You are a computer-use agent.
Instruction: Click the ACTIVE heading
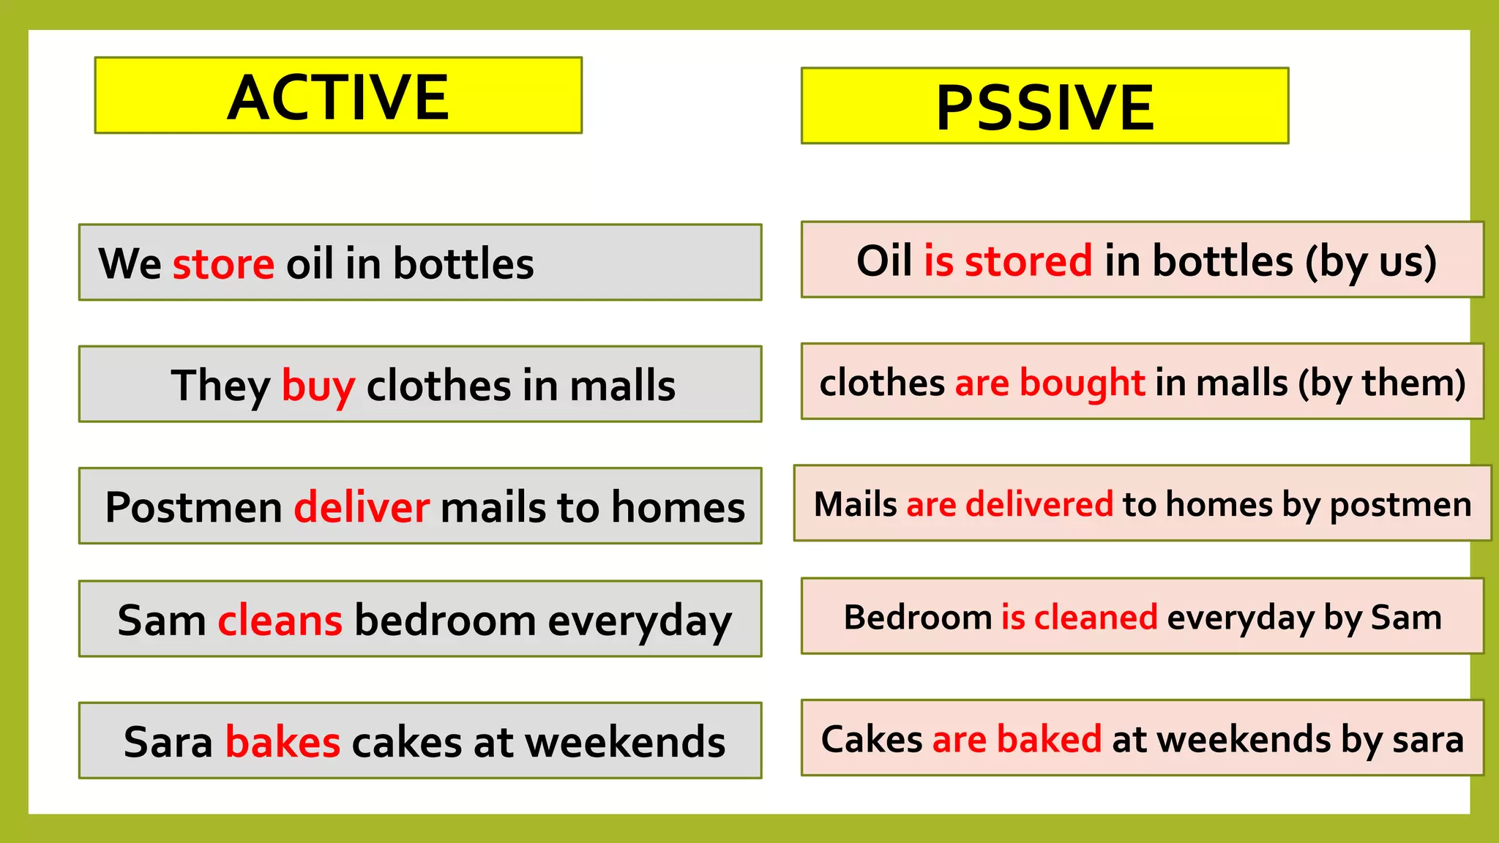pos(338,97)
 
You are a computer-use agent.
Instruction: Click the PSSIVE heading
pos(1044,108)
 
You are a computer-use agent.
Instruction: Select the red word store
pos(223,263)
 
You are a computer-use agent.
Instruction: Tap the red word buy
pos(318,386)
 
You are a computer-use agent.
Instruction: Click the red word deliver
pos(362,507)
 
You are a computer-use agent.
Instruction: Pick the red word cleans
pos(280,621)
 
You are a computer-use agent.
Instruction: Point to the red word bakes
pos(283,742)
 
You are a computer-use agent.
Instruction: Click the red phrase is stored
pos(1008,261)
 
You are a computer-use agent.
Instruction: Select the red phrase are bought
pos(1050,383)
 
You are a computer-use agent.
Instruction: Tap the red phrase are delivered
pos(1009,504)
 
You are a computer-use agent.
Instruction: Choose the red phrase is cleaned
pos(1079,617)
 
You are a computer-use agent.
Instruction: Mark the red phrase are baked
pos(1017,739)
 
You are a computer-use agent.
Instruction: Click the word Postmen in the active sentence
pos(193,507)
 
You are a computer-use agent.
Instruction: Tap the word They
pos(221,386)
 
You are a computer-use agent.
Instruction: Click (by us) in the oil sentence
pos(1371,261)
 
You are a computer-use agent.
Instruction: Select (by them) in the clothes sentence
pos(1382,383)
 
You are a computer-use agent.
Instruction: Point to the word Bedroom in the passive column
pos(917,617)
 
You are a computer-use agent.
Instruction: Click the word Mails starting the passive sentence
pos(855,504)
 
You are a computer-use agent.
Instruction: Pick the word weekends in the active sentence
pos(625,742)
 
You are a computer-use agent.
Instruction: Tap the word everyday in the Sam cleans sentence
pos(639,621)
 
